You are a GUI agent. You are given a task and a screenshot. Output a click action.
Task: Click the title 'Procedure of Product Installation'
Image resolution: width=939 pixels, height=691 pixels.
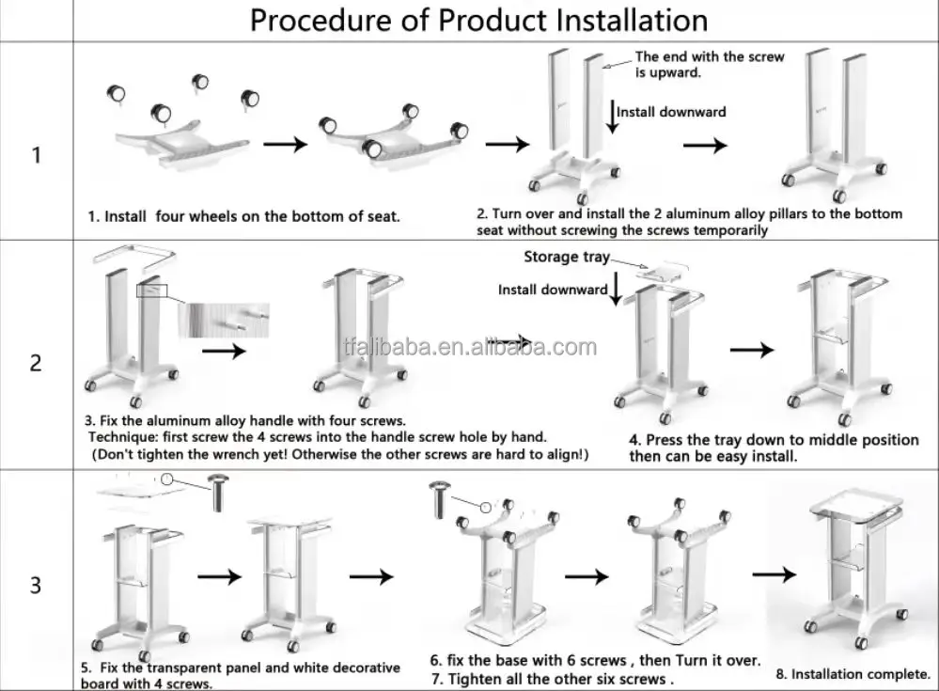click(478, 21)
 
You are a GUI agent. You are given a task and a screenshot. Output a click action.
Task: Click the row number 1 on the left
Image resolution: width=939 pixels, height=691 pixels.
click(36, 154)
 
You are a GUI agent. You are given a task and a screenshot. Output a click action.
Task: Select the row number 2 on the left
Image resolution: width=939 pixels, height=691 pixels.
click(36, 363)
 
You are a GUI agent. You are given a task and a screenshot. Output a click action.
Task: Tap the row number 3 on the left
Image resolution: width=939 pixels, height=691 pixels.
click(36, 585)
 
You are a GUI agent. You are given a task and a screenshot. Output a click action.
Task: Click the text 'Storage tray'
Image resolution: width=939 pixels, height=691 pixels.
click(566, 258)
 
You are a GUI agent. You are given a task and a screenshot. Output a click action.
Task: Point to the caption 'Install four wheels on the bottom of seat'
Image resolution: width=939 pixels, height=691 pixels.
click(243, 216)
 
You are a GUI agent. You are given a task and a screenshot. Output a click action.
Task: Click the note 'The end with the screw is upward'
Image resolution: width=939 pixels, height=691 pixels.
click(696, 64)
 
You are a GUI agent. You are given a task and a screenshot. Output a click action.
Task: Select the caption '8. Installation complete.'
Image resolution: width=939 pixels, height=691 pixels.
click(852, 674)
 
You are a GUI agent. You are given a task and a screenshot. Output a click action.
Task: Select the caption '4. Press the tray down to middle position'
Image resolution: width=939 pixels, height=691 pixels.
click(774, 440)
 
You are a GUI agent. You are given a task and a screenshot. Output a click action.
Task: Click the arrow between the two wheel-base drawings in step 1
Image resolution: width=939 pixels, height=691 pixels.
click(285, 145)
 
